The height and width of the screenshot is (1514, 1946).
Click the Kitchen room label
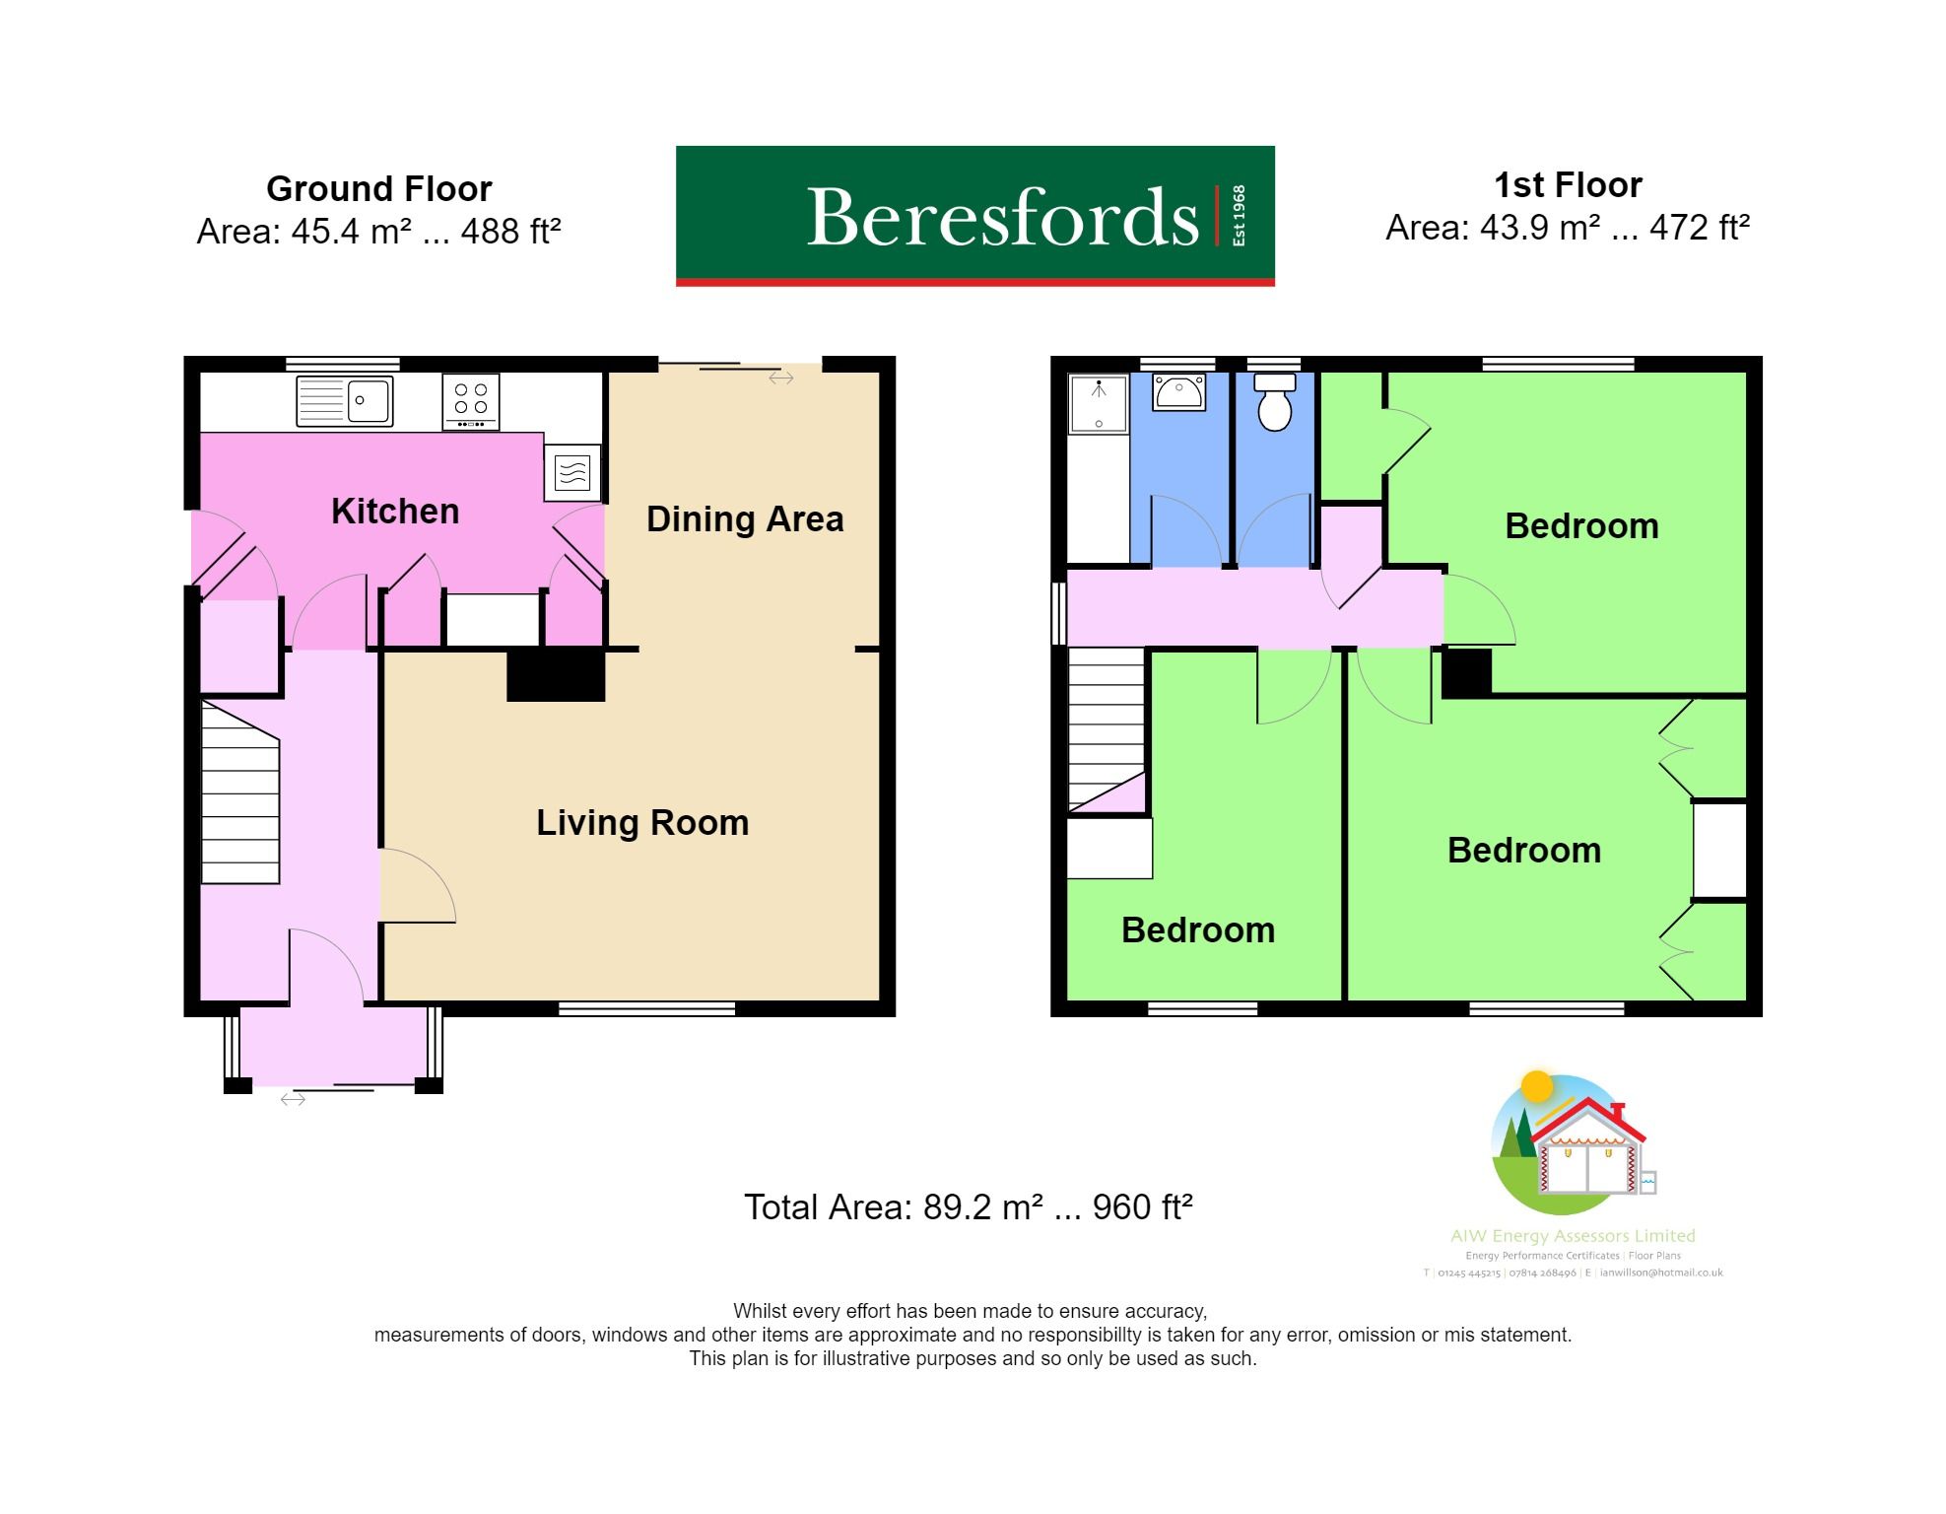(395, 512)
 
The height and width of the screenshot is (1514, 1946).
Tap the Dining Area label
(745, 519)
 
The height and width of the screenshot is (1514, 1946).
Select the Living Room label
(642, 823)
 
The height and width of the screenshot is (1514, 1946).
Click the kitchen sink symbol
(345, 401)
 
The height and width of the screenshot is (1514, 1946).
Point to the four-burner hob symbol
(471, 400)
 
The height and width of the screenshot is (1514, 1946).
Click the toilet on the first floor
(1275, 403)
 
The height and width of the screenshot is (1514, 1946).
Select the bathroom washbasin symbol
(1178, 392)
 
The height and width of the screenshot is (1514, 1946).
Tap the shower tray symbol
(1098, 403)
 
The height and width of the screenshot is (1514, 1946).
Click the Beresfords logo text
(1002, 217)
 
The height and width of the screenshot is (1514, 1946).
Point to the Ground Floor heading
(379, 188)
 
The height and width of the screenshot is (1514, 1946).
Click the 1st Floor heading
(1568, 185)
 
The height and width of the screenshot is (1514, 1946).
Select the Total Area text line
(969, 1207)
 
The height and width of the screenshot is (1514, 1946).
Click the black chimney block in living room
(556, 676)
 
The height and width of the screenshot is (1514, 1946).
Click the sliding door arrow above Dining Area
(781, 378)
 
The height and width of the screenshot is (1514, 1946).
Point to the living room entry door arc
(419, 885)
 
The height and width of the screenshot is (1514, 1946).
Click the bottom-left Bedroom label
(1198, 930)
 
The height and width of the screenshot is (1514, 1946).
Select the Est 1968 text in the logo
(1239, 216)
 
